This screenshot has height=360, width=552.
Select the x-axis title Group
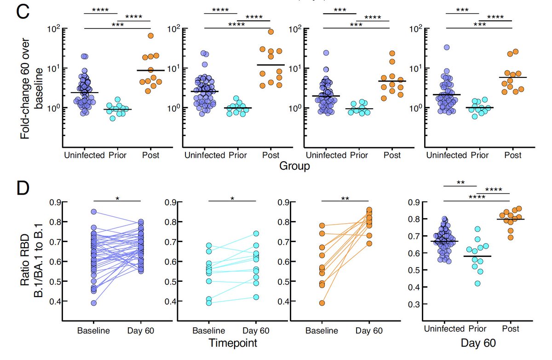pos(294,166)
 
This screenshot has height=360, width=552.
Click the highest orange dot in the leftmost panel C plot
pos(150,36)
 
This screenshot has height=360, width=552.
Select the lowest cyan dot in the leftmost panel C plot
pos(113,118)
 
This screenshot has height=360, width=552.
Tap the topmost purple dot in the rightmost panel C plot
pos(446,47)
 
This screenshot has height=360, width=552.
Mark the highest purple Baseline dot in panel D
pos(93,212)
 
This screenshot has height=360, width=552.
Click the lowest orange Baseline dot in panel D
pos(322,303)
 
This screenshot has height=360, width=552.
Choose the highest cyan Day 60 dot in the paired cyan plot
pos(256,234)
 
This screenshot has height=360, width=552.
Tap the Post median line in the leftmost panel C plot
pos(150,70)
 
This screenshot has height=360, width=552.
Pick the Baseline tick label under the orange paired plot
pos(322,331)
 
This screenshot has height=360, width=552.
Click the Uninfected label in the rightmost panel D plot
pos(444,329)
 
